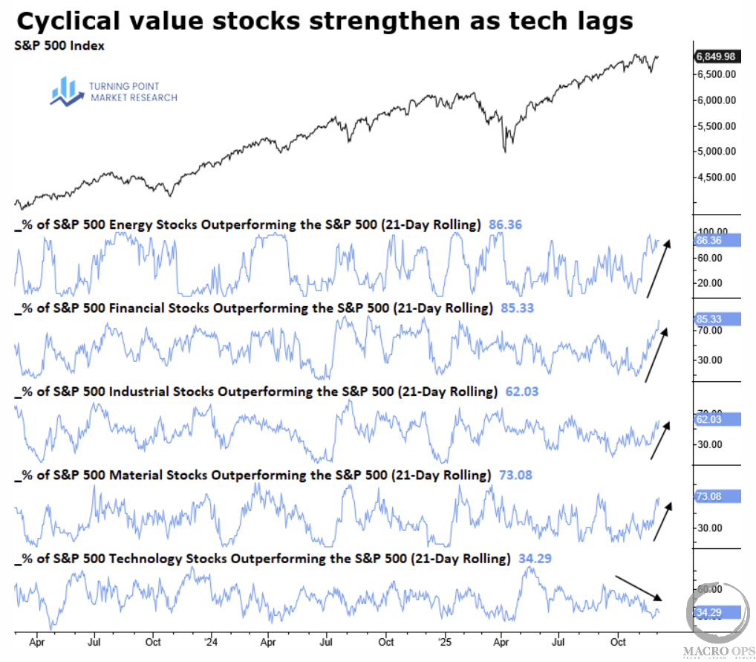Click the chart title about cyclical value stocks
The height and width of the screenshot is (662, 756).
pos(324,21)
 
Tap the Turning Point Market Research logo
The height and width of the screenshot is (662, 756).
pos(114,91)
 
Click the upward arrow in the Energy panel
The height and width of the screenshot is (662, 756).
pos(658,268)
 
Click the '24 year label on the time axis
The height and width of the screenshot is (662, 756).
pos(210,640)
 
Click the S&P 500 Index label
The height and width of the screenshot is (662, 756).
pos(59,45)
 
